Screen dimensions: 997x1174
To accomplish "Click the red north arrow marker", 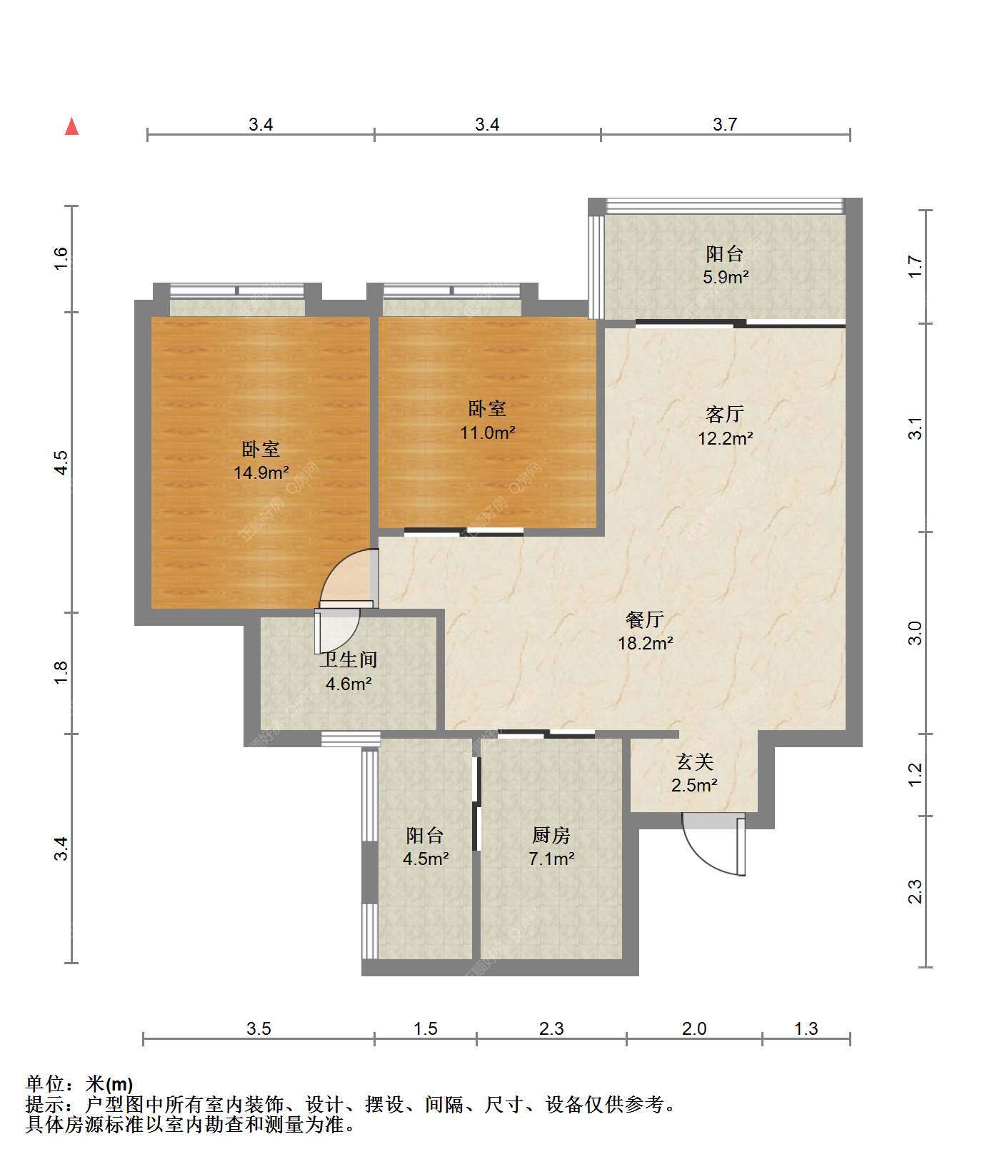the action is pyautogui.click(x=71, y=126).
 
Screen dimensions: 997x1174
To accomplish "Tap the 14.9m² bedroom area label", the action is pyautogui.click(x=261, y=472).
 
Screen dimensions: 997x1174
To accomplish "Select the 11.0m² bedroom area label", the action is pyautogui.click(x=488, y=432).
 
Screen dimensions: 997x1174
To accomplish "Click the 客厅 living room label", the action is pyautogui.click(x=725, y=414).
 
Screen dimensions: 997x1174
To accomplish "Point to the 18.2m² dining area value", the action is pyautogui.click(x=645, y=643).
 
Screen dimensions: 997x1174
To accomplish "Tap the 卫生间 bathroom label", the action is pyautogui.click(x=348, y=660).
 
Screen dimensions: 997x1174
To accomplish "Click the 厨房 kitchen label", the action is pyautogui.click(x=551, y=835).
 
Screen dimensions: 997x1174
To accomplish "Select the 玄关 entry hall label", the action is pyautogui.click(x=695, y=762).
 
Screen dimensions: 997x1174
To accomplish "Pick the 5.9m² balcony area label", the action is pyautogui.click(x=725, y=277).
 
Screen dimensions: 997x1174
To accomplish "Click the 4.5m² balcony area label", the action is pyautogui.click(x=426, y=859).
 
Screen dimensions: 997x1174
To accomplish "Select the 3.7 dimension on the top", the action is pyautogui.click(x=724, y=124).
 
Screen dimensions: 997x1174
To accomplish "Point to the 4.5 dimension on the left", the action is pyautogui.click(x=61, y=462).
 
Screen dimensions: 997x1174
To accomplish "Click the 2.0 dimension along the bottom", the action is pyautogui.click(x=693, y=1028).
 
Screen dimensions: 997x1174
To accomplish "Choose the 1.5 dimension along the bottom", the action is pyautogui.click(x=425, y=1028).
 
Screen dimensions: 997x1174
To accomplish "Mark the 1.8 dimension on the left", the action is pyautogui.click(x=61, y=672).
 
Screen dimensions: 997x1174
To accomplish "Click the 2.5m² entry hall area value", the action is pyautogui.click(x=694, y=786).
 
